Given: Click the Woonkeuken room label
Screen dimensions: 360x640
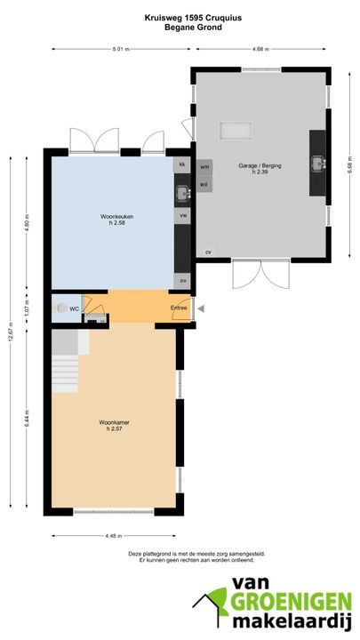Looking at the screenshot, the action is coord(116,217).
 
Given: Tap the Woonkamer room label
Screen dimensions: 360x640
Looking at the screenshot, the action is coord(115,422).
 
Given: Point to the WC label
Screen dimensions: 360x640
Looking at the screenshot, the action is coord(74,309).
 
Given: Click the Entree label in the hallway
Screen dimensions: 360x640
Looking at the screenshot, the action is coord(179,308).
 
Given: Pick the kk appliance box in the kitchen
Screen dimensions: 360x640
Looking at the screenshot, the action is coord(182,164).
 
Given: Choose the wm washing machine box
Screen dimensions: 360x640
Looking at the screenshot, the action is coord(204,166).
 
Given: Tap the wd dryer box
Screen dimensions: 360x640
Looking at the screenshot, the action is coord(204,184).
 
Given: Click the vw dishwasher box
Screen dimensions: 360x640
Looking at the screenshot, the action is coord(182,215).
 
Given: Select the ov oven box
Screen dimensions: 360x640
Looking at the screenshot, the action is coord(182,281).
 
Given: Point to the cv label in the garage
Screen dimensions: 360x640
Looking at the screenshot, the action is coord(208,252).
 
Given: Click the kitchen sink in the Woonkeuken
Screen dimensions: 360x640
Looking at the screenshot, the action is coord(182,193).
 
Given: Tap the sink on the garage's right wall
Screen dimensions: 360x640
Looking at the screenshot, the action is coord(317,164).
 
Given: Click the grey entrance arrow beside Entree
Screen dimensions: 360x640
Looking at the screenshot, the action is coord(200,309).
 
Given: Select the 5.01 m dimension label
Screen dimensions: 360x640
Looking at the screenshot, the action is coord(122,50).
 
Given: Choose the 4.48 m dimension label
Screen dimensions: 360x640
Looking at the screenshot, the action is coord(114,536).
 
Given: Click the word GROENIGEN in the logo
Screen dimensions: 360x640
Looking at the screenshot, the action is coord(291,602).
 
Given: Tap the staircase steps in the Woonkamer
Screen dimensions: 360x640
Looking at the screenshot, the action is coord(65,374).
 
